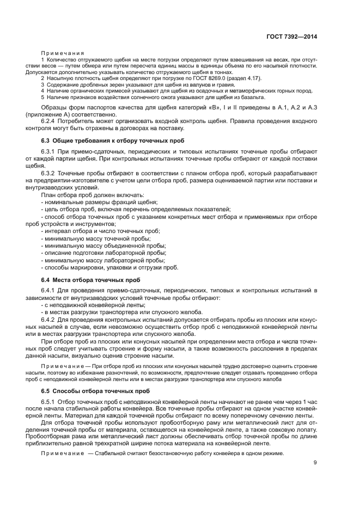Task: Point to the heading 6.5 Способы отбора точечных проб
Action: tap(87, 390)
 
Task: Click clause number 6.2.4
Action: tap(50, 121)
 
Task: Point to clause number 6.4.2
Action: tap(50, 319)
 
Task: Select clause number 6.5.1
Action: tap(50, 402)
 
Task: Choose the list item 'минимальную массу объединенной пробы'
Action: tap(104, 246)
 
